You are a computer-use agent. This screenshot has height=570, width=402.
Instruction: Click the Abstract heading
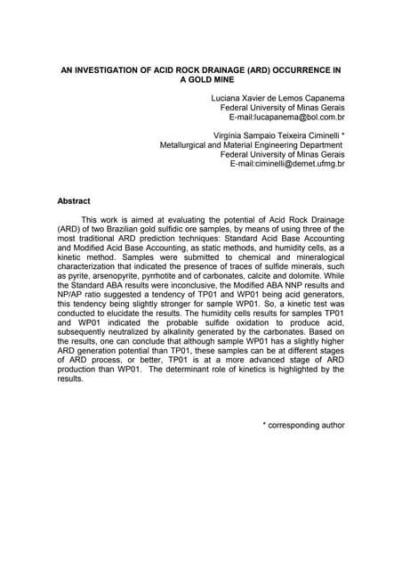coord(74,200)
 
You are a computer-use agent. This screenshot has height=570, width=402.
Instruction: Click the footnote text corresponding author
coord(308,426)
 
